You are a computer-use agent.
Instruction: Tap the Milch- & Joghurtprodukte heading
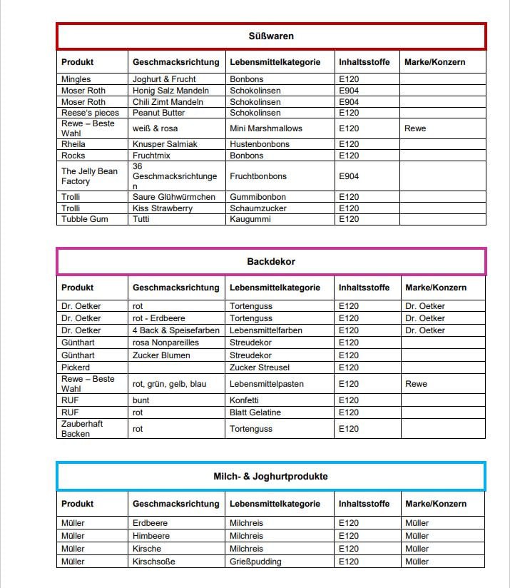(271, 476)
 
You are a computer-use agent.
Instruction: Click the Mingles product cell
(76, 79)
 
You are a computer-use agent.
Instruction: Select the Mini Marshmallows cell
(265, 128)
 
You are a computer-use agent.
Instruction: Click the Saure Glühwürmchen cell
(173, 197)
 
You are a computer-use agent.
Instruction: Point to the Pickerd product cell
(76, 367)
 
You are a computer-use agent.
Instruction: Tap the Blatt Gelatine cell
(255, 412)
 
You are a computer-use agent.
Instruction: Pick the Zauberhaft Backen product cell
(82, 429)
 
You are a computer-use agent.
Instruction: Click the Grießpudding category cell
(256, 562)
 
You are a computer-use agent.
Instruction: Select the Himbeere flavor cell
(151, 536)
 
